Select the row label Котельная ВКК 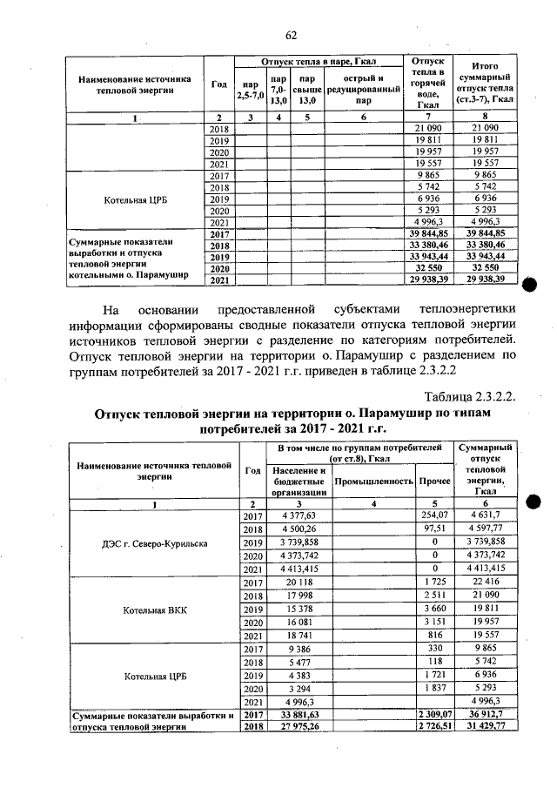(x=154, y=610)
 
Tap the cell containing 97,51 (x=434, y=529)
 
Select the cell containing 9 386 (x=298, y=649)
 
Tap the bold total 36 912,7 (x=486, y=715)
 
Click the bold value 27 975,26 (x=298, y=727)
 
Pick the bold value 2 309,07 (x=433, y=715)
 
